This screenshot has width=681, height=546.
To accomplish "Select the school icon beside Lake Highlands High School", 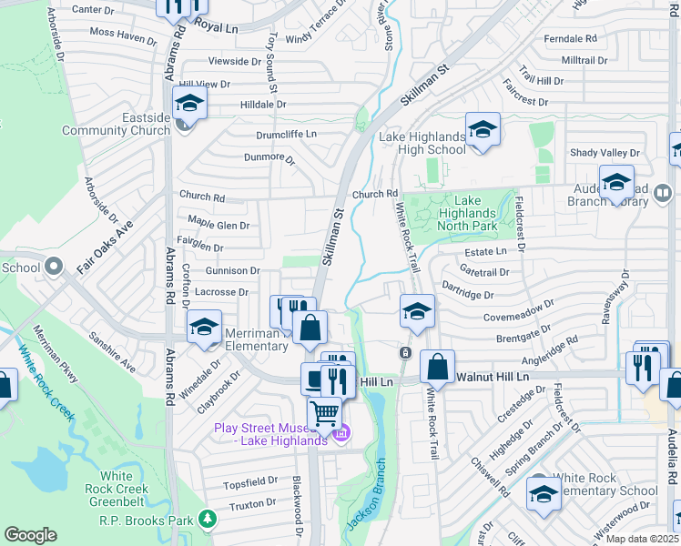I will [483, 130].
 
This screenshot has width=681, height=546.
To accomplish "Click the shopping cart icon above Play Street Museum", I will [324, 414].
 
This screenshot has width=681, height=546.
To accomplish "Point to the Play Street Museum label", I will [269, 434].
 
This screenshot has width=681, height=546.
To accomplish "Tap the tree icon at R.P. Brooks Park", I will [209, 518].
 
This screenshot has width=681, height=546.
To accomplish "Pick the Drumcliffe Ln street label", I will [285, 135].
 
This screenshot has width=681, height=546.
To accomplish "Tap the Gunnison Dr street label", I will [232, 271].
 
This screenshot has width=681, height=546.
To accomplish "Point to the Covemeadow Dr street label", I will [519, 310].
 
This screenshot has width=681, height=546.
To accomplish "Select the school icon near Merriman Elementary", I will [204, 327].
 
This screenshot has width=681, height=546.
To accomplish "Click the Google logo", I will [30, 535].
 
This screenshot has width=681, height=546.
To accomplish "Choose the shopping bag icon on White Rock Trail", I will [438, 368].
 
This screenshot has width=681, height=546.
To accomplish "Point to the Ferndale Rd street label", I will [570, 39].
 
